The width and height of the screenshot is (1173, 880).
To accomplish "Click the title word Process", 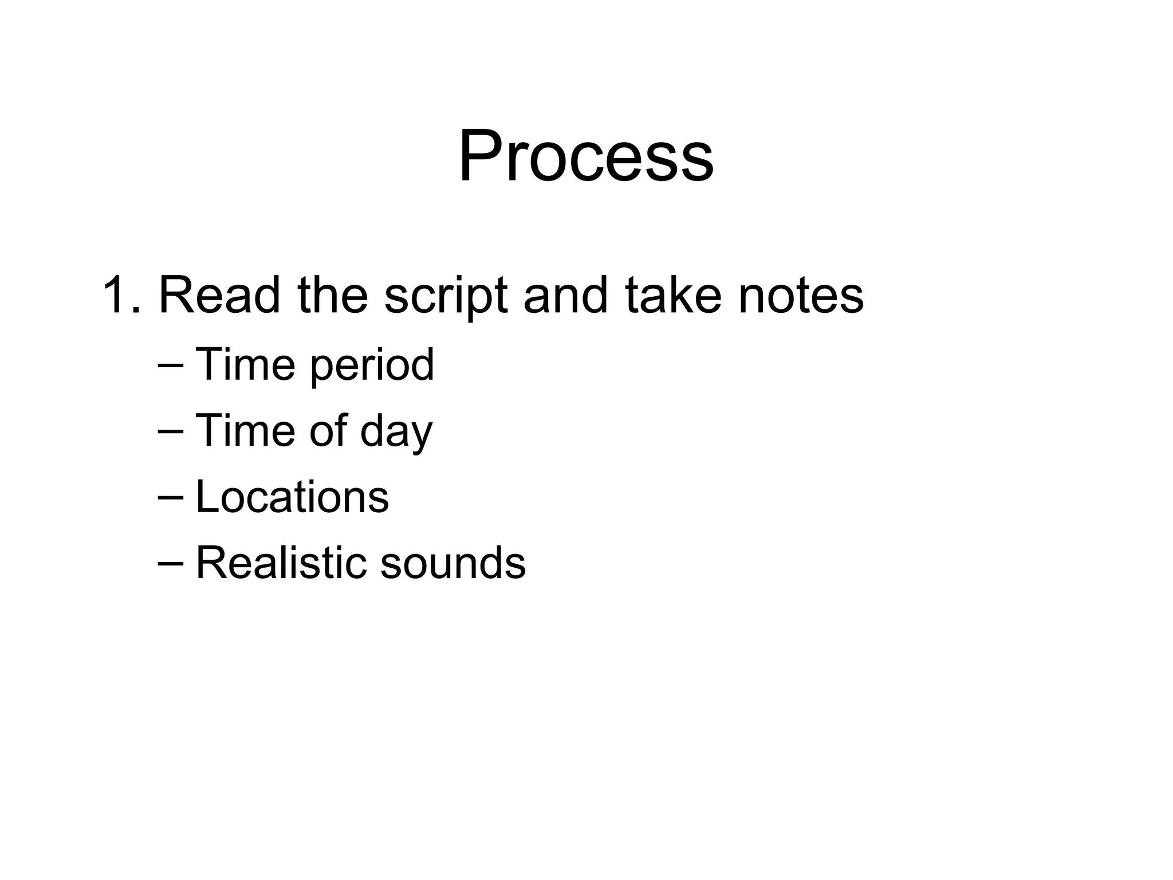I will pyautogui.click(x=586, y=156).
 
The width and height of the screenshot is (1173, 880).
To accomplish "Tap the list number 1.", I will pyautogui.click(x=119, y=296).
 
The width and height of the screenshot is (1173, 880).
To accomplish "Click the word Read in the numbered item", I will pyautogui.click(x=219, y=296).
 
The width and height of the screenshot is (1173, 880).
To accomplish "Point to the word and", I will pyautogui.click(x=565, y=296).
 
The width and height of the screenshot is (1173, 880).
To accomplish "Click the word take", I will pyautogui.click(x=673, y=296).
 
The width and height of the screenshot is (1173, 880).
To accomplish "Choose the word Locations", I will pyautogui.click(x=292, y=496).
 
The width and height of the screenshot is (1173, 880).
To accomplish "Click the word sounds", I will pyautogui.click(x=453, y=563).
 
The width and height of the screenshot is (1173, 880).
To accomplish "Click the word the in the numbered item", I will pyautogui.click(x=333, y=296).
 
